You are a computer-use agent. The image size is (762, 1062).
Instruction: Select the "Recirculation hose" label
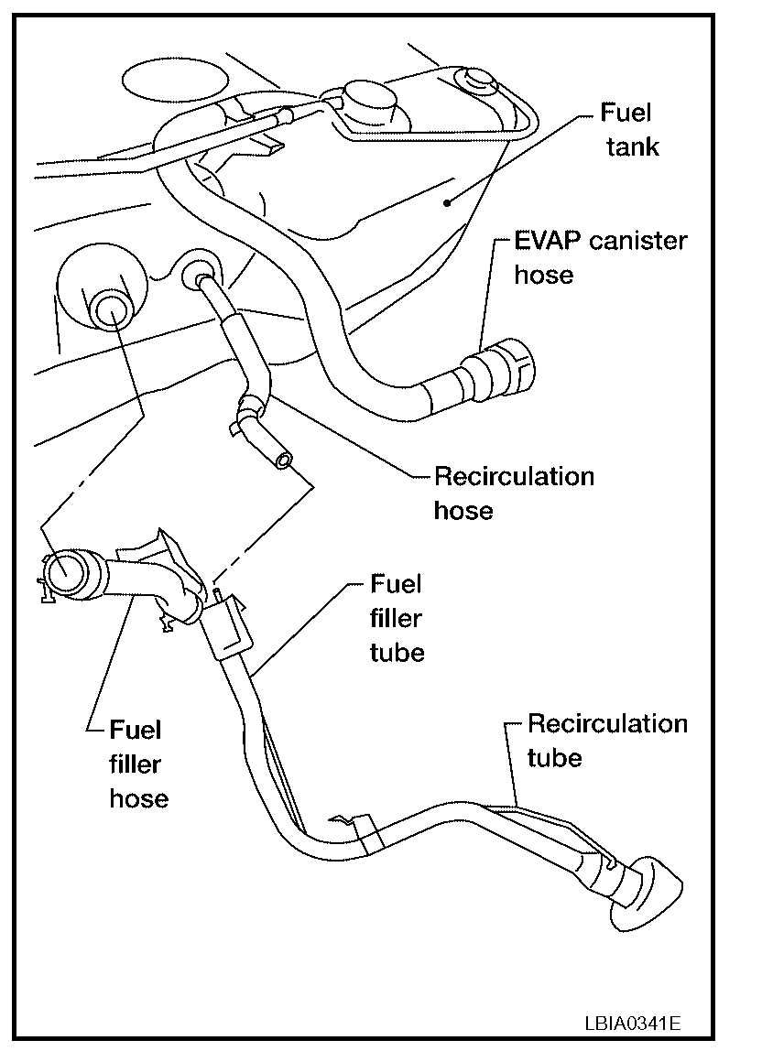click(x=514, y=493)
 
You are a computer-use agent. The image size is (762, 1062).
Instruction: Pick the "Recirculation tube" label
click(x=606, y=740)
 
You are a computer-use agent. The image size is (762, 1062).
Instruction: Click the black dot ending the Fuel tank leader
click(x=446, y=203)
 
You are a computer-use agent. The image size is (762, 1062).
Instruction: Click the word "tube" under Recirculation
click(x=554, y=757)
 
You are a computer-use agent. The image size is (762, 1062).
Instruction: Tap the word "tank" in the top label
click(x=632, y=146)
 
